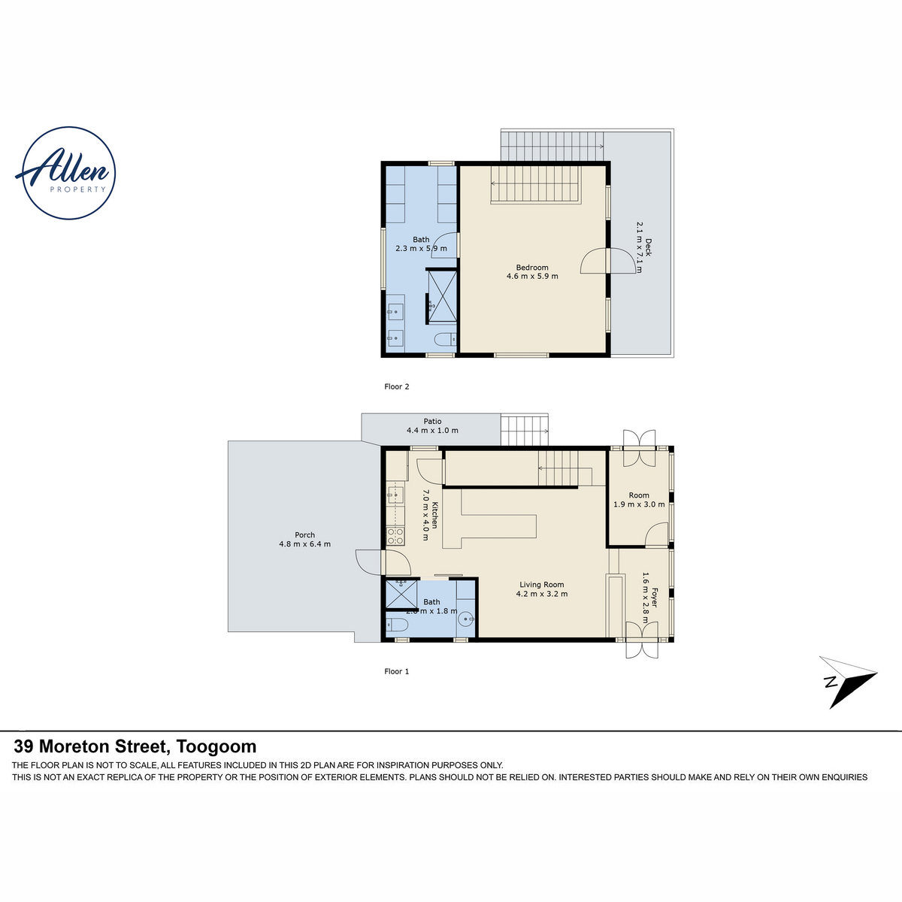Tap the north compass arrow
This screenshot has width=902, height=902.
click(848, 682)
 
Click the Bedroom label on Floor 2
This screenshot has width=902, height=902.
click(532, 272)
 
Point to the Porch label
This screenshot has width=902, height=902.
click(304, 539)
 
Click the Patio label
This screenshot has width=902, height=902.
click(432, 426)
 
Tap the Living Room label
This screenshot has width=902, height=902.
click(541, 589)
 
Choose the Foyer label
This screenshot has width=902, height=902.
click(649, 598)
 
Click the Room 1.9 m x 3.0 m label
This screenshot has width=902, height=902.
click(639, 499)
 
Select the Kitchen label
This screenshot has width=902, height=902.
click(430, 515)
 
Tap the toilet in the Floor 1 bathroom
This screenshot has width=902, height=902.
click(396, 625)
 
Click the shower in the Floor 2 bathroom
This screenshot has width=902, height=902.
click(442, 296)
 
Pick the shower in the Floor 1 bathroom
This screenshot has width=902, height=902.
click(401, 594)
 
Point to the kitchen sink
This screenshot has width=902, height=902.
click(395, 495)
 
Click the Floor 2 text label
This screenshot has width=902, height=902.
click(396, 386)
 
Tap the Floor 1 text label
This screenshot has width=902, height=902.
click(396, 671)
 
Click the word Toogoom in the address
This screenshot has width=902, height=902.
click(216, 746)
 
